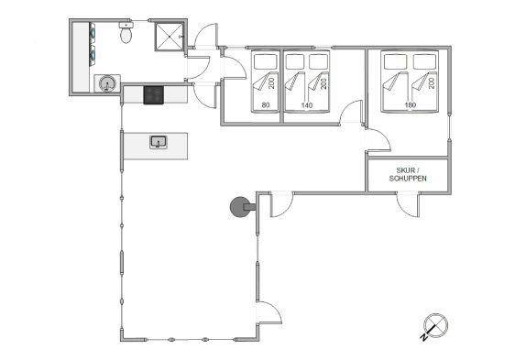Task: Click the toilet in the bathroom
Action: coord(126,32)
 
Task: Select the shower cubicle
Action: coord(169,37)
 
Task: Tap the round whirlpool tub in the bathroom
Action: coord(107,83)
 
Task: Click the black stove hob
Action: coord(154,95)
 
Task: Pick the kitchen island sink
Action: coord(159,142)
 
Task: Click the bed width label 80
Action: coord(266,105)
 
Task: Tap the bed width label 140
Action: coord(307,105)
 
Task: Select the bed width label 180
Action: coord(410,105)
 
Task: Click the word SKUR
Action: coord(405,170)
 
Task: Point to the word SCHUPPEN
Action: coord(408,179)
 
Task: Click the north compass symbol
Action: coord(435,325)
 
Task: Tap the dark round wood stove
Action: coord(240,207)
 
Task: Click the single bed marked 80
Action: coord(266,82)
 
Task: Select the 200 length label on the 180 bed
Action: coord(432,83)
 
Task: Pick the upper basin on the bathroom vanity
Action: coord(93,33)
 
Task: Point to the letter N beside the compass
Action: coord(424,338)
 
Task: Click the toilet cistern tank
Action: coord(126,25)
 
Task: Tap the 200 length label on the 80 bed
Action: coord(271,83)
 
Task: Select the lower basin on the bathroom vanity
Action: coord(93,54)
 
